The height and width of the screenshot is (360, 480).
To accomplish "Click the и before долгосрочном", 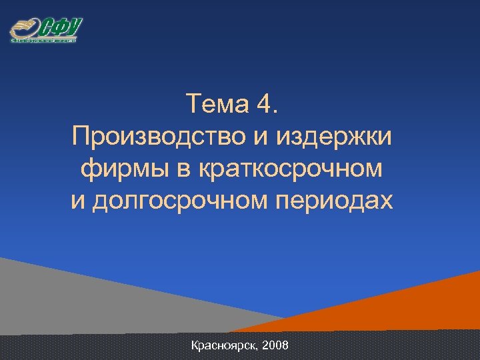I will click(79, 201).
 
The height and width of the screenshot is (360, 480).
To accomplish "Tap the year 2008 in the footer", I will click(275, 346).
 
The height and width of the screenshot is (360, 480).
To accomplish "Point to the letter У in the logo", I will click(73, 27).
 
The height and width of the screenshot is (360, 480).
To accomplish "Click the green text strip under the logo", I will click(43, 41).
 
